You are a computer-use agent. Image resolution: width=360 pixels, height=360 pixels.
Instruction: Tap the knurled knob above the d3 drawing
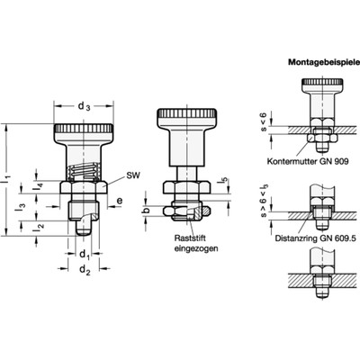83,136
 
